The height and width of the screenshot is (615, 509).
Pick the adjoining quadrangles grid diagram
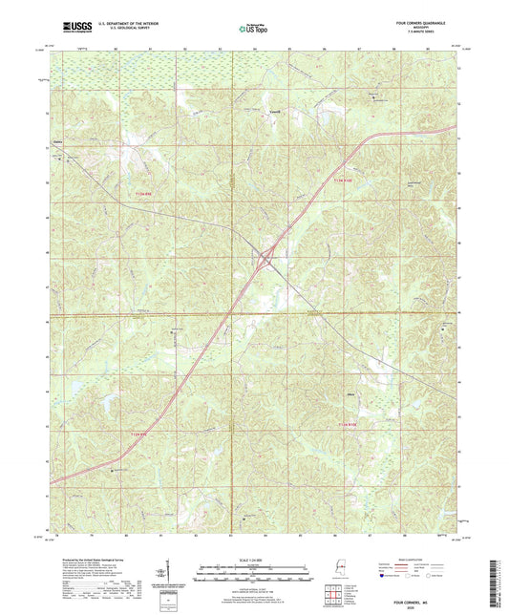(x=330, y=596)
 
